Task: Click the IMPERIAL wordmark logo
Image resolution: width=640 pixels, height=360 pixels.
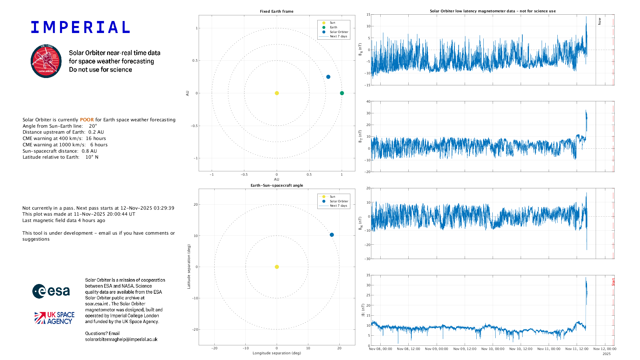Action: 80,27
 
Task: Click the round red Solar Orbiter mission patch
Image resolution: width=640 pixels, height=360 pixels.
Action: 46,61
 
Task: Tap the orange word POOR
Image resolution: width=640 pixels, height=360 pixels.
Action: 87,120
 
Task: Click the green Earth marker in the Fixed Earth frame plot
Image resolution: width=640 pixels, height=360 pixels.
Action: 342,93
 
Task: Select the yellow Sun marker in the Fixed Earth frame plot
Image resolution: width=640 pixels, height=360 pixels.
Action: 277,93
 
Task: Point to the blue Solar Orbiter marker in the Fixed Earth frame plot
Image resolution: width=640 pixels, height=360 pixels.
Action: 328,77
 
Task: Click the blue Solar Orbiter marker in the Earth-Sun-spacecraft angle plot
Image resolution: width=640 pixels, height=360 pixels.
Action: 332,235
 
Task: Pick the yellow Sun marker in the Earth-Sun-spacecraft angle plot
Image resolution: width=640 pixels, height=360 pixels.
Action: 277,267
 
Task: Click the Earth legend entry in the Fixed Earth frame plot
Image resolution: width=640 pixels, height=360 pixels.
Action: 333,27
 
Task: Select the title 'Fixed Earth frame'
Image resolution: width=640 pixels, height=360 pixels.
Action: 277,11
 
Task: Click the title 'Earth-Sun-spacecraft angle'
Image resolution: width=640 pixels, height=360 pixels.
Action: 277,185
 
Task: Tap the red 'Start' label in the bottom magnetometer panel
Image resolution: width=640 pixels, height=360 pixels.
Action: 613,282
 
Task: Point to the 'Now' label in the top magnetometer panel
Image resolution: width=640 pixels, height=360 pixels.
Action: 599,21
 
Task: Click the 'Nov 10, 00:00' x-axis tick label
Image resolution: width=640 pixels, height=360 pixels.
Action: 493,349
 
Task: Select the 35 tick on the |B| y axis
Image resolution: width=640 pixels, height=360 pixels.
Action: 368,275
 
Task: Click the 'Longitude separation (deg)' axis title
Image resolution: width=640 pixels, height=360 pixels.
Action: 277,353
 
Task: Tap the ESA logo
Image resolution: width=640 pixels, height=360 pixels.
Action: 51,291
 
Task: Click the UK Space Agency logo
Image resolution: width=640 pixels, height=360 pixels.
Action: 54,318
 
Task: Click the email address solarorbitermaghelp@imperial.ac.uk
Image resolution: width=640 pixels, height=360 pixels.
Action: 121,339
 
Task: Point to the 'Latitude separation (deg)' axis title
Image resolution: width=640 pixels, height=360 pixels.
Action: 189,267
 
